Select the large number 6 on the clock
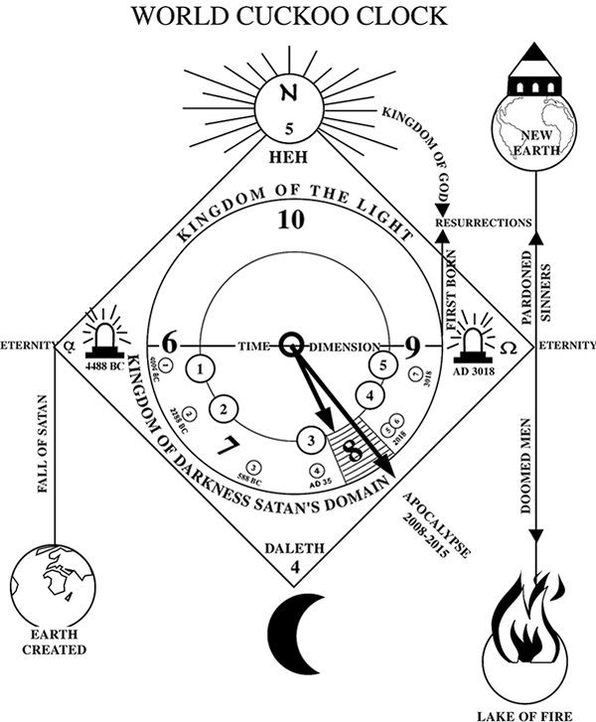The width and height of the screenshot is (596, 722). point(169,345)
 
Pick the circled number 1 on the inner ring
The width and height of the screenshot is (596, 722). point(203,369)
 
